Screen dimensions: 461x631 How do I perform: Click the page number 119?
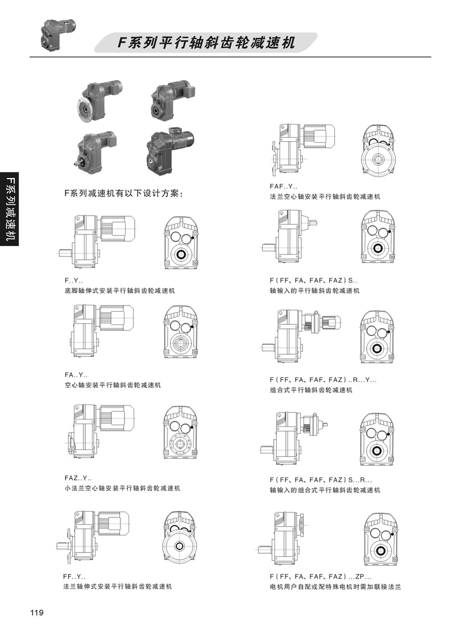click(36, 613)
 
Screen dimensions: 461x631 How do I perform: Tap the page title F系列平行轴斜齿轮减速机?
click(206, 43)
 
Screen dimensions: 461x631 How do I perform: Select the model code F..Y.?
click(74, 281)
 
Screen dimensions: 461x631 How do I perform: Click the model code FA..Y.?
click(76, 375)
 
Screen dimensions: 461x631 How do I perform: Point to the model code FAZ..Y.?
click(78, 478)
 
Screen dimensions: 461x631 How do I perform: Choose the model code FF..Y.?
click(74, 576)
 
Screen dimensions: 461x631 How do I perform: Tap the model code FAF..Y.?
click(284, 186)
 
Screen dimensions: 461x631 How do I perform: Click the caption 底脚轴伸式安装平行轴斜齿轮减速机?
click(119, 290)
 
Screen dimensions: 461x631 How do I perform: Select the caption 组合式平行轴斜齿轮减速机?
click(311, 390)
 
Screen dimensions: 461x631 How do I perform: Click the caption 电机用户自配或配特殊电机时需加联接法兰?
click(335, 587)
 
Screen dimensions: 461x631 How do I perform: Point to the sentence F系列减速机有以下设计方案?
click(124, 194)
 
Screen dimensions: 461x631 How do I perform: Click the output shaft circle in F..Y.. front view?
click(180, 254)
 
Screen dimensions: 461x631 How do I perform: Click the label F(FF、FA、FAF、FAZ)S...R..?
click(321, 479)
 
